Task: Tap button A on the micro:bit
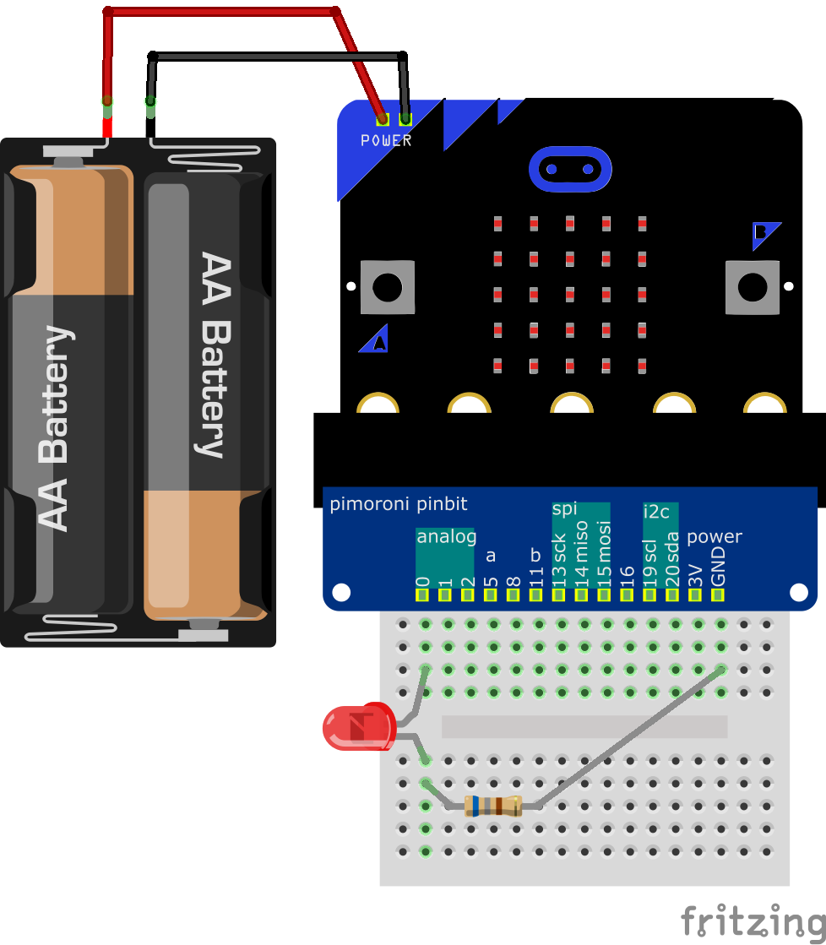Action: (388, 287)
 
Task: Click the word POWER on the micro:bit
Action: (386, 141)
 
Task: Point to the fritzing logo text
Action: (753, 921)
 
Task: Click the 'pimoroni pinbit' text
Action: (398, 505)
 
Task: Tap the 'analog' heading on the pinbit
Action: (446, 536)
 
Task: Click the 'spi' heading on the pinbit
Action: (564, 508)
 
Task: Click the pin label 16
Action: (627, 572)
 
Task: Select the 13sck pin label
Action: (559, 557)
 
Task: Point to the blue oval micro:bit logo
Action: (569, 169)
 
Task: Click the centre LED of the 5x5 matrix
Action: (570, 295)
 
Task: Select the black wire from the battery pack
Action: (279, 57)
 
